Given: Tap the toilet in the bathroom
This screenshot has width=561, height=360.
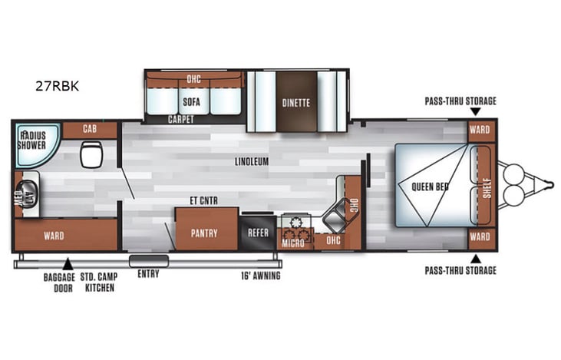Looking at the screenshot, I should coord(90,154).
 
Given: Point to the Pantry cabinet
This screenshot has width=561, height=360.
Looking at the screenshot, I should coord(204,232).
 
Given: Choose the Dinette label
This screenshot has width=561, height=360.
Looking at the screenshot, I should coord(295,101).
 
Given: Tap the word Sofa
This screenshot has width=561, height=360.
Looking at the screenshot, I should coord(191,101).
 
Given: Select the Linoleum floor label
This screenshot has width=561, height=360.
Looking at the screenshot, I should coord(252,162).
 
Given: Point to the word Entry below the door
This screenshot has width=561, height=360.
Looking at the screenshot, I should coord(148,274).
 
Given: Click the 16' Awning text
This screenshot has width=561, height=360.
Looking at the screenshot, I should coord(262,274).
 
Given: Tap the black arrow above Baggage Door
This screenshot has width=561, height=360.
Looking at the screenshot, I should coord(68,264).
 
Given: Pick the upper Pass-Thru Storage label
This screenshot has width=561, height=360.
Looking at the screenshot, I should coord(461,101).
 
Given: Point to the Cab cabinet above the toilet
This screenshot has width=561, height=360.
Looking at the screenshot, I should coord(89,130).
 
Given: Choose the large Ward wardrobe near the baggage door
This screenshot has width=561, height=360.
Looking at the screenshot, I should coord(54,235).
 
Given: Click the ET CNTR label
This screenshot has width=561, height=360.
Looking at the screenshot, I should coord(203,201).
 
